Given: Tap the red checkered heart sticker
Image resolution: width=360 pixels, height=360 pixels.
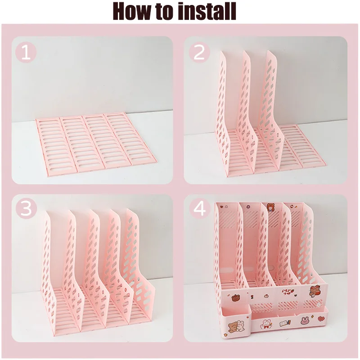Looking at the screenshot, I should pyautogui.click(x=321, y=319).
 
